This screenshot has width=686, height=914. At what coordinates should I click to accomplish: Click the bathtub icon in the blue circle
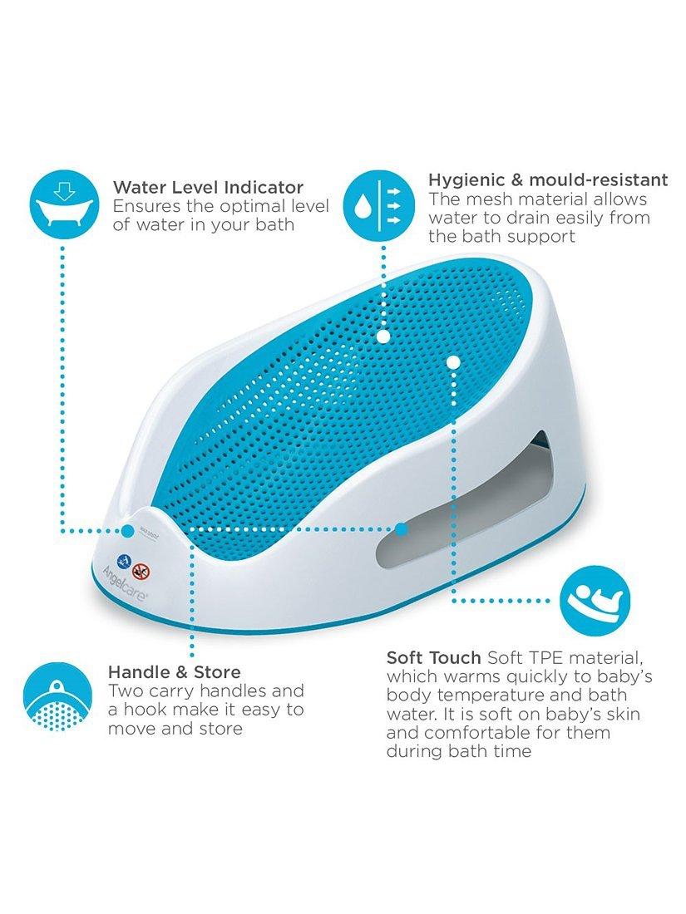click(63, 204)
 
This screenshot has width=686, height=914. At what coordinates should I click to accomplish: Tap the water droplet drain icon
click(379, 205)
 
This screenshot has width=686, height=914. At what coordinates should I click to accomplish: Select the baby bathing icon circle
click(595, 600)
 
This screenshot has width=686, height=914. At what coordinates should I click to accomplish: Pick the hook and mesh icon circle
click(57, 696)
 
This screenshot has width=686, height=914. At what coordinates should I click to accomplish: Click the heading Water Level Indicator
click(208, 188)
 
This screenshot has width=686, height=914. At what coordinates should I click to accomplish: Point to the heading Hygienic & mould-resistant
click(548, 179)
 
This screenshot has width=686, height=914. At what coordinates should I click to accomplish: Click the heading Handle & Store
click(175, 672)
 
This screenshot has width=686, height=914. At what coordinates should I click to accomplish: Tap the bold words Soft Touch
click(433, 657)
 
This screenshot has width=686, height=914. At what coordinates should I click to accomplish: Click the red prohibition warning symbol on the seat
click(141, 571)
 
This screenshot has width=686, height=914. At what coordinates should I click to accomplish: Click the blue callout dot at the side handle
click(402, 530)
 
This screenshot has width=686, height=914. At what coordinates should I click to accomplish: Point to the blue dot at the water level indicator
click(128, 530)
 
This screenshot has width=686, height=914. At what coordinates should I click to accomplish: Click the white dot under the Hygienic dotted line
click(382, 337)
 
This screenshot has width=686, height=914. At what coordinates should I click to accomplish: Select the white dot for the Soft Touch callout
click(453, 362)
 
